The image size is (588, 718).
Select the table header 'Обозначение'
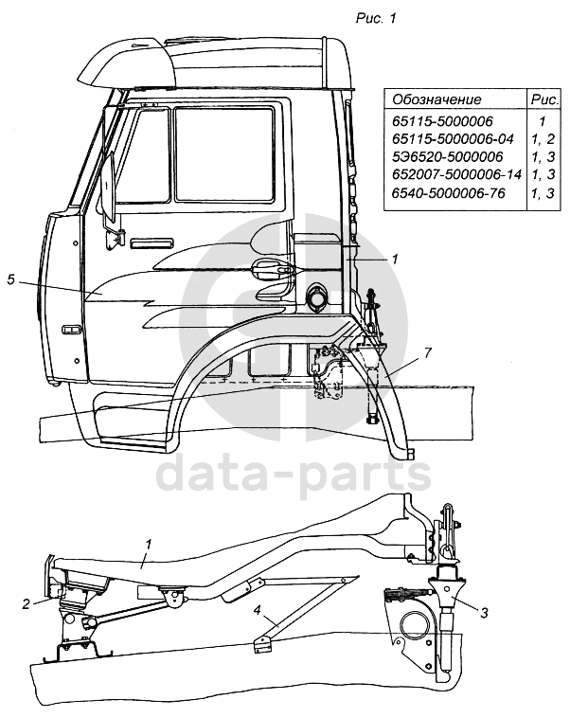(437, 99)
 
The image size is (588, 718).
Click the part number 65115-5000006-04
(450, 138)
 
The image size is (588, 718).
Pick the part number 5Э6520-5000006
(440, 156)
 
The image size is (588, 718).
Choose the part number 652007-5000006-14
(454, 174)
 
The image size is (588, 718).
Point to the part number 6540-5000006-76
(449, 193)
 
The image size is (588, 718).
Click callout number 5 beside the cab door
(10, 280)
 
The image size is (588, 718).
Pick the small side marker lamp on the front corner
(71, 330)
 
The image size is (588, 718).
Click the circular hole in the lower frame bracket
(413, 625)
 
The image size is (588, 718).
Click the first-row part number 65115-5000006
(437, 121)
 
